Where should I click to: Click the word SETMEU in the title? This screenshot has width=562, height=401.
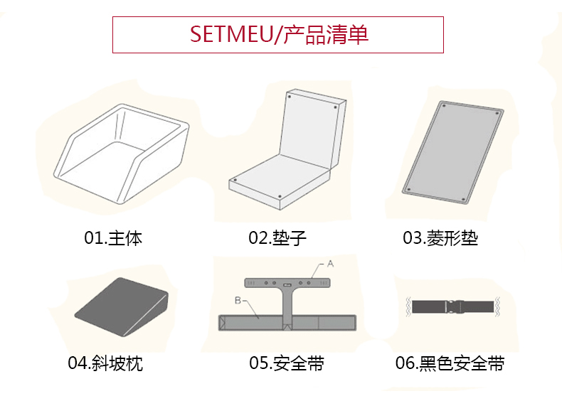231,34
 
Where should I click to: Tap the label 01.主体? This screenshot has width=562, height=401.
113,238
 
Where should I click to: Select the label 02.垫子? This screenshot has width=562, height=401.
277,238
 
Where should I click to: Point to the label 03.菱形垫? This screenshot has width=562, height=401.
440,238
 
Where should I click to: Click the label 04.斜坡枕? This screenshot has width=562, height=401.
105,363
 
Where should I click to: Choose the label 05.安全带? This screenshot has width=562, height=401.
287,363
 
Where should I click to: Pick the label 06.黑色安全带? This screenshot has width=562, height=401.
450,363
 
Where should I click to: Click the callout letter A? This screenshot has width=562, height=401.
331,264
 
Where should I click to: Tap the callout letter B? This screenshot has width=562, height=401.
238,300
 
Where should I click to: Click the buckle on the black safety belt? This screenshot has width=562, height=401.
454,306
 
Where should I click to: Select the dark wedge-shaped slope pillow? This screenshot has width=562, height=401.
122,307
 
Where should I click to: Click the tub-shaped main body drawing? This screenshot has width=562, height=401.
122,154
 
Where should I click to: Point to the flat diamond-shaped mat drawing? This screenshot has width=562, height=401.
452,152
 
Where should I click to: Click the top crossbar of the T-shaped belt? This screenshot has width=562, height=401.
287,283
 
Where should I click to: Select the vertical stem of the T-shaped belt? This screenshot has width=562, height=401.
287,304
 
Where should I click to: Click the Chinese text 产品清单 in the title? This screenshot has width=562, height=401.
326,34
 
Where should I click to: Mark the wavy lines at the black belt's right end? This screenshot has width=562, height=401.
497,306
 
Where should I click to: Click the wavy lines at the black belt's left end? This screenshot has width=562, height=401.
408,306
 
